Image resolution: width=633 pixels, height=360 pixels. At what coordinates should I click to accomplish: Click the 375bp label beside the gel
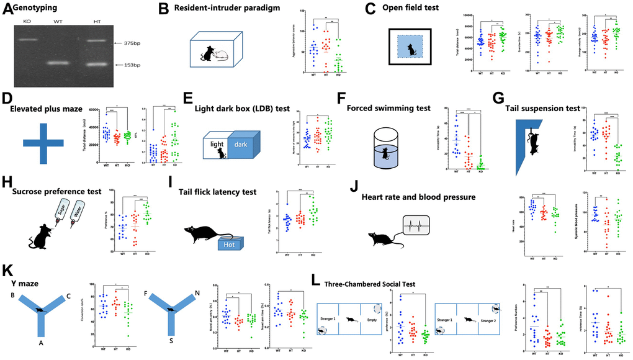pyautogui.click(x=136, y=43)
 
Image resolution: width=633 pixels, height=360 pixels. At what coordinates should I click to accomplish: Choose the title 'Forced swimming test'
pyautogui.click(x=395, y=108)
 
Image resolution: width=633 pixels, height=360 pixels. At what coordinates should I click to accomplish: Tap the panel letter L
pyautogui.click(x=316, y=282)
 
